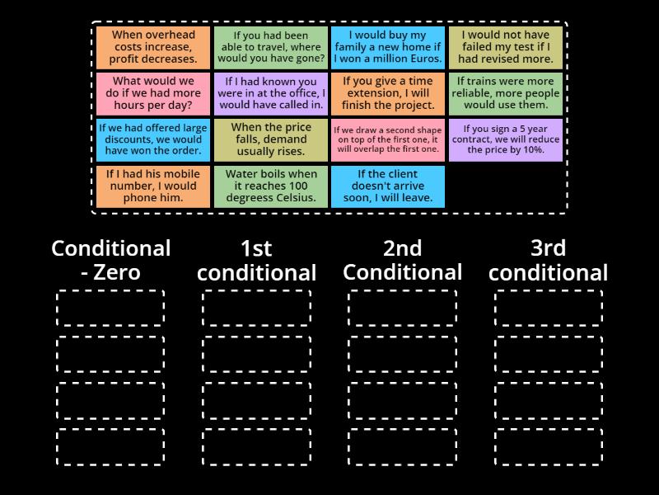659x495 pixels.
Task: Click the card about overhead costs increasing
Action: (x=154, y=47)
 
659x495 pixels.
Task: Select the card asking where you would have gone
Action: (x=271, y=47)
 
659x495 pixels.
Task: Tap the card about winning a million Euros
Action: (x=388, y=47)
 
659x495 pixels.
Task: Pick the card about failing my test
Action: (x=505, y=47)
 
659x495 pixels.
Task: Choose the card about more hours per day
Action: (x=154, y=93)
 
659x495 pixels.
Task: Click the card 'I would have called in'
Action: (x=271, y=93)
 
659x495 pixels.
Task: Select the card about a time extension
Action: (x=388, y=93)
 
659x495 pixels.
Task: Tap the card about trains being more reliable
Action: (x=505, y=93)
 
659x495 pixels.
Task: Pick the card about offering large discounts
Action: (x=154, y=139)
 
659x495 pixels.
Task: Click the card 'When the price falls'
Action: (x=271, y=139)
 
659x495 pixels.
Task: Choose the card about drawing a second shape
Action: (x=388, y=139)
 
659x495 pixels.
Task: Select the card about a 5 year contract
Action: (x=505, y=139)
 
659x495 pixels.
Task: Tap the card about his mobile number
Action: (x=154, y=186)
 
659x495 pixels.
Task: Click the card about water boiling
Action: (x=271, y=186)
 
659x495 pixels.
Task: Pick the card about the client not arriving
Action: (x=388, y=186)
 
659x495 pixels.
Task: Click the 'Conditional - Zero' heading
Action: (x=111, y=260)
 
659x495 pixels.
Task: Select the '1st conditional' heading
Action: (x=256, y=260)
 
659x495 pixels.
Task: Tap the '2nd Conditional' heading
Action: (x=403, y=260)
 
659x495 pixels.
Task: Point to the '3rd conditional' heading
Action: (x=548, y=260)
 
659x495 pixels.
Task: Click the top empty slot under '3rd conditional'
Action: (x=549, y=309)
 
